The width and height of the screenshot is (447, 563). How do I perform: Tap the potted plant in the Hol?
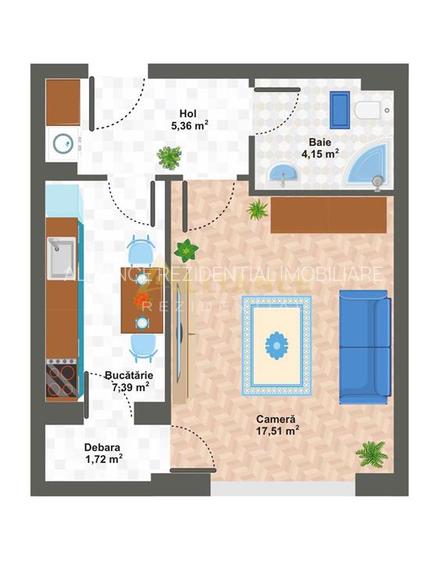[170, 157]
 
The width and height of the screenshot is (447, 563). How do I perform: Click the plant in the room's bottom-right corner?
[372, 456]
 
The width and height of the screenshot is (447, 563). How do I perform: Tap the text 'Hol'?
[187, 113]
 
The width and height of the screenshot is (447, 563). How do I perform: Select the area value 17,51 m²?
[276, 432]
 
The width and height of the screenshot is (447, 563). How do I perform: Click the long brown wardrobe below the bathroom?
[328, 212]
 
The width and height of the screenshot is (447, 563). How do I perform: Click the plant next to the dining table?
[186, 249]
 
